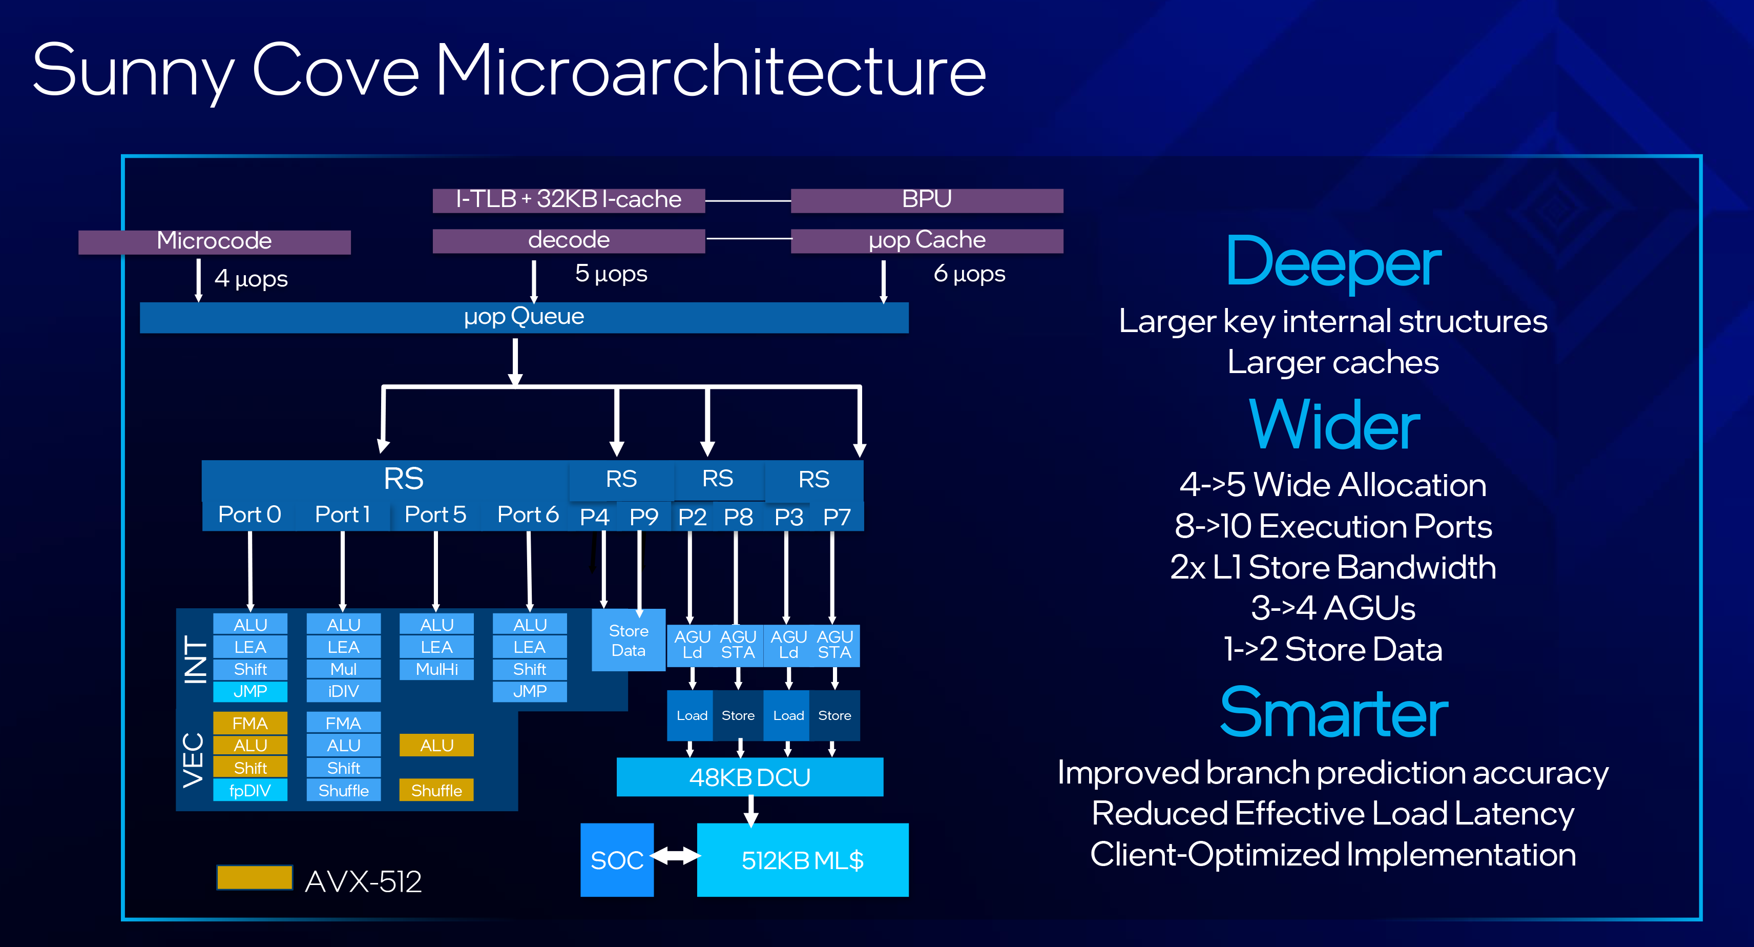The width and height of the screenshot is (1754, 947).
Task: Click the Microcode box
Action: click(215, 241)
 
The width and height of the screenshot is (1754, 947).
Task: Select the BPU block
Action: click(927, 200)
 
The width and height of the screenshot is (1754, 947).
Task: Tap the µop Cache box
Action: click(927, 240)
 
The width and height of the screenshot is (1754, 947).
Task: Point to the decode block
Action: click(569, 240)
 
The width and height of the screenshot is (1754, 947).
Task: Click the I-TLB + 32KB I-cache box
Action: click(569, 200)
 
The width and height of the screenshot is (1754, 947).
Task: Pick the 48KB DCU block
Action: click(749, 777)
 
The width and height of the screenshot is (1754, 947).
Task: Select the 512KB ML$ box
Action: click(802, 860)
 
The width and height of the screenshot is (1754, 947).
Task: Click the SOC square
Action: click(617, 860)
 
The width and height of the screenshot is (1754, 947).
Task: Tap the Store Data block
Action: click(628, 641)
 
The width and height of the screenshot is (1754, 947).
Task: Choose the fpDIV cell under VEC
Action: click(250, 790)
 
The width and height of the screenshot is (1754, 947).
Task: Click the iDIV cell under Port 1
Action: click(343, 691)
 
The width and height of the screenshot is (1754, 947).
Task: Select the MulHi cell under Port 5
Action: click(436, 669)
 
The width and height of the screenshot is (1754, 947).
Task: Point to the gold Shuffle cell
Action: click(436, 790)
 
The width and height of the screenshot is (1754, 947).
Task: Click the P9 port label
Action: click(643, 517)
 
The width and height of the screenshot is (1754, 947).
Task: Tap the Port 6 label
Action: click(528, 515)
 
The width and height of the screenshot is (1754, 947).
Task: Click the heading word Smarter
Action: click(1333, 713)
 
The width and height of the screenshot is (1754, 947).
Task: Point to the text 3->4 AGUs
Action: click(1333, 608)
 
